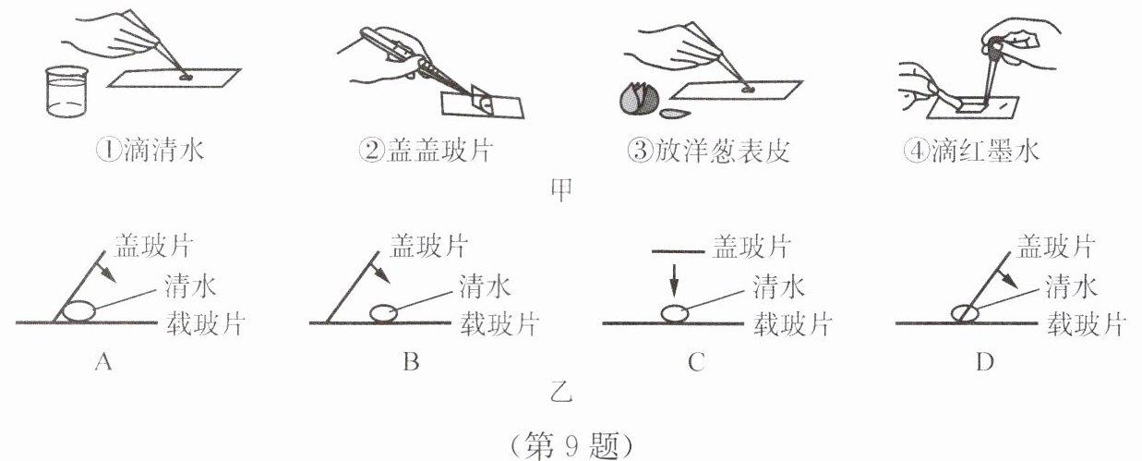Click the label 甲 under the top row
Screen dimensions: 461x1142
click(x=561, y=189)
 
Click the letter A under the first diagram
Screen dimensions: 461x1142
click(x=103, y=363)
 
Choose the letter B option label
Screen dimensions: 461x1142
click(x=411, y=363)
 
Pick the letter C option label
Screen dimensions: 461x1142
click(x=696, y=363)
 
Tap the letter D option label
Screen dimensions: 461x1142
click(x=985, y=363)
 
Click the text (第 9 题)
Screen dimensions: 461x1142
click(x=571, y=444)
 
